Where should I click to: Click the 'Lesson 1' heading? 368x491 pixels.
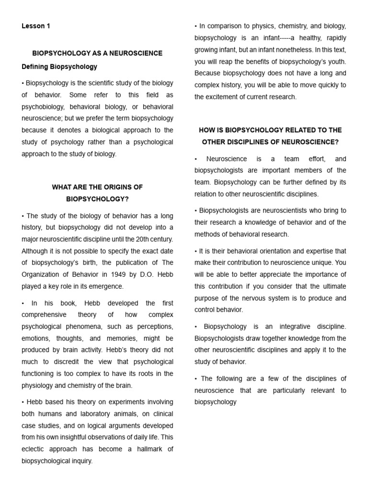[36, 26]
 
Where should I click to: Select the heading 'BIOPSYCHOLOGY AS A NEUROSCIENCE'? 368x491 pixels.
[97, 53]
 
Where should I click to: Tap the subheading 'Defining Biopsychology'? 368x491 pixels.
[59, 67]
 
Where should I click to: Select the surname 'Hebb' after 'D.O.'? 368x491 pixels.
[163, 275]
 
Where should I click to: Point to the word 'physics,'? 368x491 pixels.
[263, 26]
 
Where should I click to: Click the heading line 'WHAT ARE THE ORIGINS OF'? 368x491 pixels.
[97, 187]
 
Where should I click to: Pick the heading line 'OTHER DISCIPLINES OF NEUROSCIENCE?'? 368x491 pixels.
[270, 142]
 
